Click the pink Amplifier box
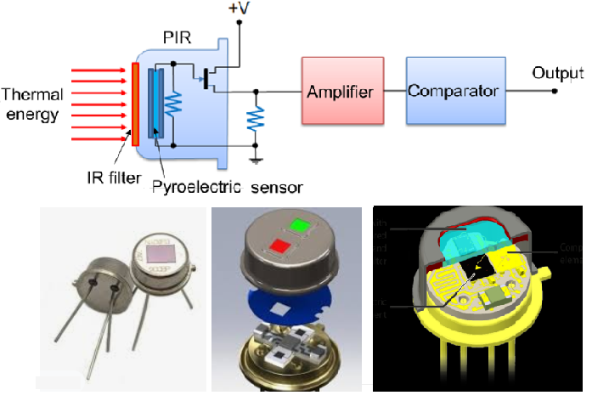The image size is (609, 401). [340, 90]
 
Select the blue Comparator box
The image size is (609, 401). [452, 90]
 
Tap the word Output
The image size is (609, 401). [557, 73]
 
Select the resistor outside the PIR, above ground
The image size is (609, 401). [254, 120]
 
